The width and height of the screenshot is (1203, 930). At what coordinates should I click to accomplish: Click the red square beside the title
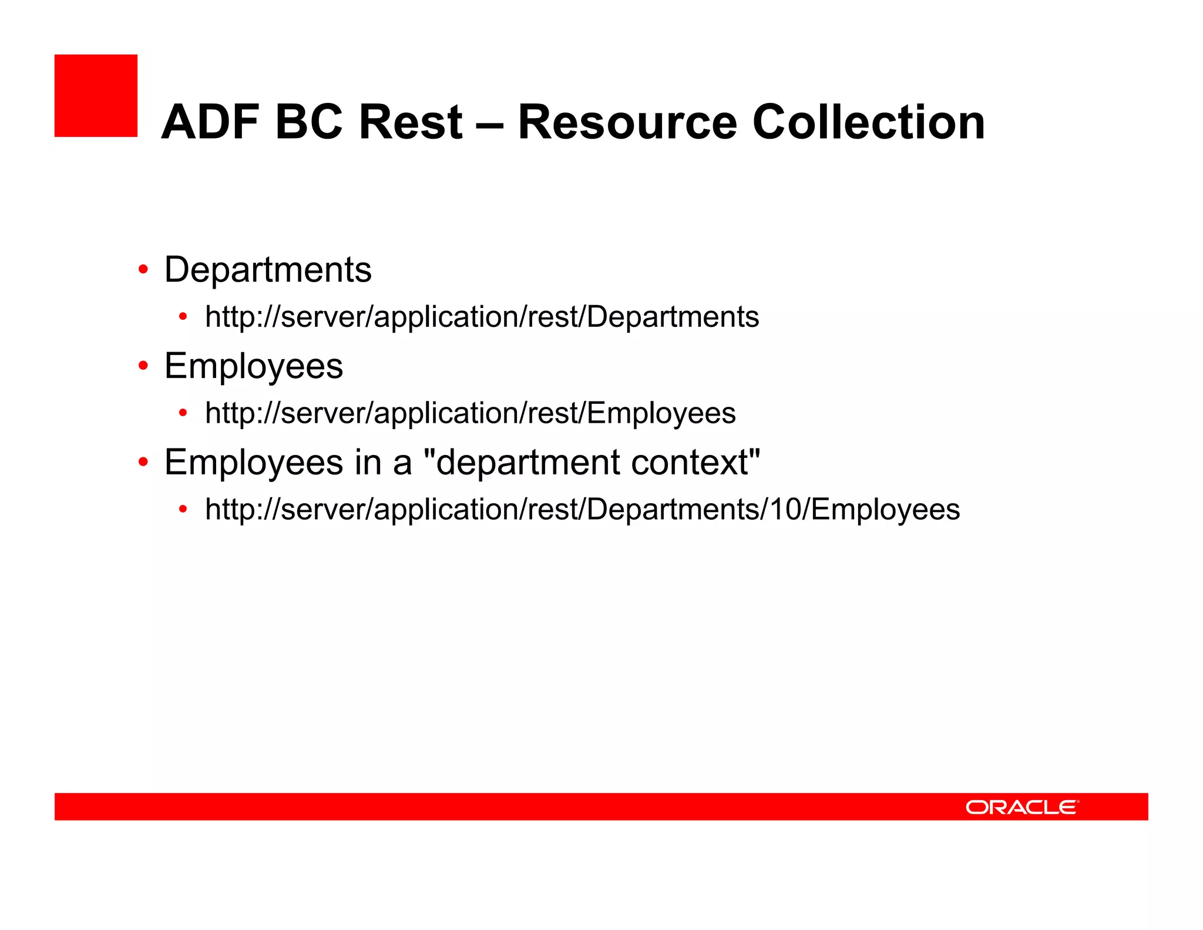(96, 96)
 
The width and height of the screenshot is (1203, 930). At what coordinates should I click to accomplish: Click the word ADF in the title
(210, 122)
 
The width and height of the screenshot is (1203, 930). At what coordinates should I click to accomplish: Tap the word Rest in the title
(411, 122)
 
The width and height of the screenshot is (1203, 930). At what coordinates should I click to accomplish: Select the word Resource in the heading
(627, 122)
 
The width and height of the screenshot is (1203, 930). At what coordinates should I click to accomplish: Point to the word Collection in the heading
(868, 122)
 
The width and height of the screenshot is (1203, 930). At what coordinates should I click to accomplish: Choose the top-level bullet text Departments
(268, 270)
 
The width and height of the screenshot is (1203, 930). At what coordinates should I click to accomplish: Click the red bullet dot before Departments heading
(143, 270)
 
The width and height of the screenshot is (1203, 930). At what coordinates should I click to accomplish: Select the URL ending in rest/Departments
(482, 317)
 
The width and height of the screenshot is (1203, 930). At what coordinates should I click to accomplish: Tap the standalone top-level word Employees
(254, 366)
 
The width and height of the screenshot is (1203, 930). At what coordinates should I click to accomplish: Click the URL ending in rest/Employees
(470, 413)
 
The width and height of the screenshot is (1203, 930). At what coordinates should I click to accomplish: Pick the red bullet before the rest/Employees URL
(183, 413)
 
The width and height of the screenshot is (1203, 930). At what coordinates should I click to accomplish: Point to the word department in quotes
(527, 463)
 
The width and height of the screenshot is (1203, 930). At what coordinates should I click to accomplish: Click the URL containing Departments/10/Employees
(582, 510)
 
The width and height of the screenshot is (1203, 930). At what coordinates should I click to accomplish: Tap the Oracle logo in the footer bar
(1022, 807)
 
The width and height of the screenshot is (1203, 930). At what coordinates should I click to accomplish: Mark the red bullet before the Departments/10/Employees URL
(183, 509)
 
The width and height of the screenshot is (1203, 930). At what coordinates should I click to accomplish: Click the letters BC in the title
(309, 122)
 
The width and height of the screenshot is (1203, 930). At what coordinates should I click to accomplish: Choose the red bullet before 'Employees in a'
(143, 462)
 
